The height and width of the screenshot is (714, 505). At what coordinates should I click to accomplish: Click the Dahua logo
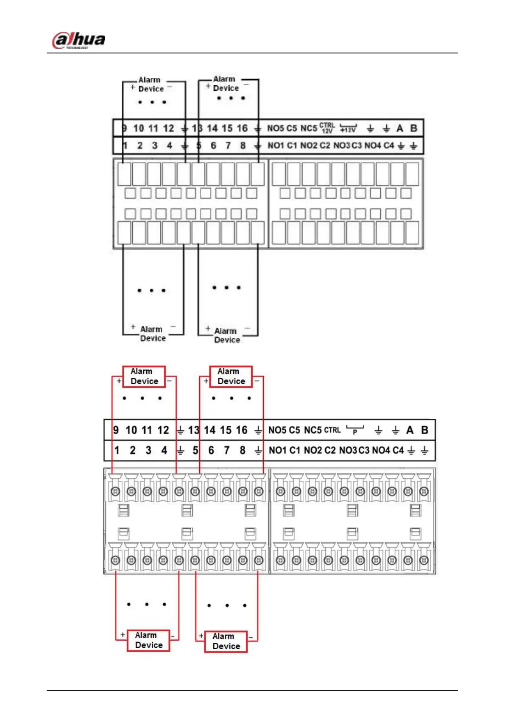pos(79,40)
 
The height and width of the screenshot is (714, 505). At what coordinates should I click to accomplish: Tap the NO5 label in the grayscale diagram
pos(276,128)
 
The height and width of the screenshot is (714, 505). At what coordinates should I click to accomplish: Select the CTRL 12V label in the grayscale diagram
pos(327,128)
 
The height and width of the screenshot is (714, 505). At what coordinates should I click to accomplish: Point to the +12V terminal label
pos(349,129)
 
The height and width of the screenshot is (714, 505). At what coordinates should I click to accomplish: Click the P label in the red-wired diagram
pos(355,431)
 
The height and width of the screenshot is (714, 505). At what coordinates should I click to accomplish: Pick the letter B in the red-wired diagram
pos(424,430)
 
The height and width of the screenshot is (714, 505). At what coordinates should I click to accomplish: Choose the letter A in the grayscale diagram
pos(399,128)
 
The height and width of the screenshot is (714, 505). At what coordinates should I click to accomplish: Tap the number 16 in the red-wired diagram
pos(242,430)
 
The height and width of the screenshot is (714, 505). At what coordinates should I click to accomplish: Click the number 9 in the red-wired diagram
pos(116,430)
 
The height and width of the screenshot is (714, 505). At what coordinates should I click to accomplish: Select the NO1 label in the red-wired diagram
pos(278,450)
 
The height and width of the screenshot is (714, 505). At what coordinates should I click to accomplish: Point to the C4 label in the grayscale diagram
pos(389,145)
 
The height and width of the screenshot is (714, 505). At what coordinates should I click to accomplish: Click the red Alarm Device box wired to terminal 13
pos(231,377)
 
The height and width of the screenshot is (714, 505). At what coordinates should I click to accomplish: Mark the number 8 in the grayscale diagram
pos(243,145)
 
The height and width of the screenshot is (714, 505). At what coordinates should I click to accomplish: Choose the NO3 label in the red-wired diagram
pos(348,450)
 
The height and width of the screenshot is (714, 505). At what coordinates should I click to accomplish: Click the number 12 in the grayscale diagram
pos(168,128)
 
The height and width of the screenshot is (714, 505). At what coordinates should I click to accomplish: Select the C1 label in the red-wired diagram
pos(295,450)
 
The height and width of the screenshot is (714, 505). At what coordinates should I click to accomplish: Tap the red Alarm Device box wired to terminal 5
pos(226,641)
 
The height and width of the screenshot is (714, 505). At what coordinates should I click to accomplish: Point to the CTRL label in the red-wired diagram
pos(332,430)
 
